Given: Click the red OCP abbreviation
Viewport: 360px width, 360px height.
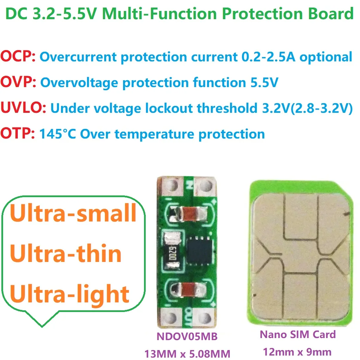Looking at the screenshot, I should (18, 57).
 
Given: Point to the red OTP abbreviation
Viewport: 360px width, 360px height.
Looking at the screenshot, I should (17, 134).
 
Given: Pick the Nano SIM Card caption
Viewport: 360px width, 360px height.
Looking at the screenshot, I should (298, 334).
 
